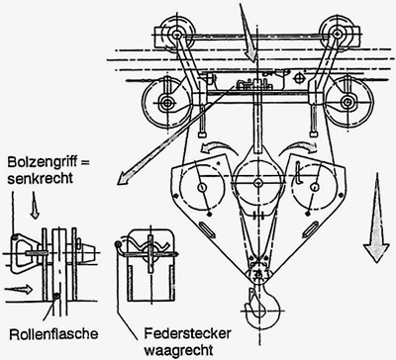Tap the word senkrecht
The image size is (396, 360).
[x=41, y=178]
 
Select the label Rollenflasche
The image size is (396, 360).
[x=53, y=334]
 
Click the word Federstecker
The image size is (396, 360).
[x=187, y=333]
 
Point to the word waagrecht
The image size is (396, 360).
[x=178, y=349]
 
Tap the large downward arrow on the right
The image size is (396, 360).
[x=375, y=219]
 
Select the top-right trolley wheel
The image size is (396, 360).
[x=337, y=33]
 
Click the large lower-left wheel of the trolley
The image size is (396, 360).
[x=167, y=102]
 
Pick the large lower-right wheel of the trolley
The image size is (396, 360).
[x=348, y=101]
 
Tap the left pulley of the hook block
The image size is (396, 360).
[x=202, y=186]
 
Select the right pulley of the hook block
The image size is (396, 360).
[x=315, y=186]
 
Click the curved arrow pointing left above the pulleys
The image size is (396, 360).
[x=219, y=148]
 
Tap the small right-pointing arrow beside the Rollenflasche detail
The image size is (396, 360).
[x=19, y=289]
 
